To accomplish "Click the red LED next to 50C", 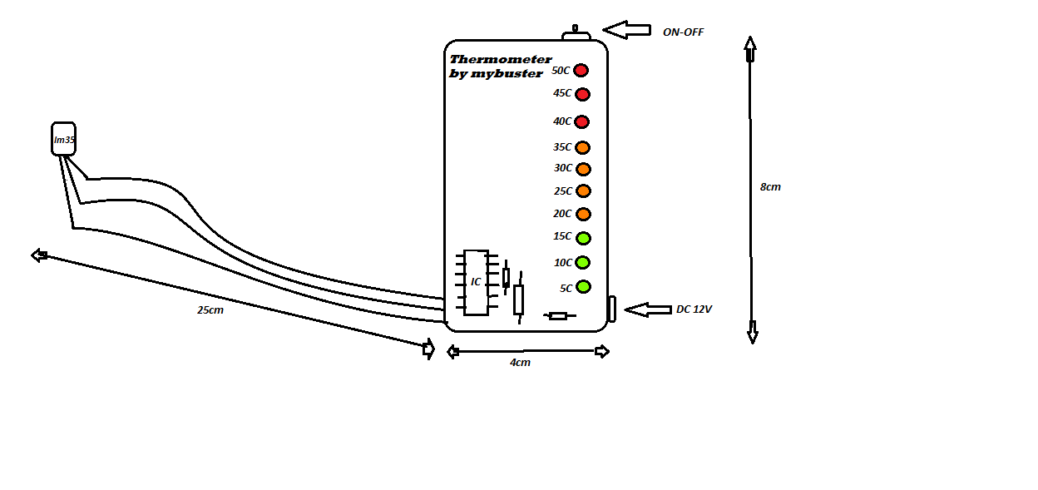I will [581, 71].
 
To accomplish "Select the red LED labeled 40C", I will [581, 122].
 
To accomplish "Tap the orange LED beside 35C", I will [583, 148].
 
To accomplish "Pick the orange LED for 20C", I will [583, 215].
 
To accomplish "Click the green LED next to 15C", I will [583, 238].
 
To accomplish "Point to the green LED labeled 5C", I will [583, 287].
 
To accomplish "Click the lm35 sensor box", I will [64, 140].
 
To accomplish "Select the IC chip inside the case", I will [476, 282].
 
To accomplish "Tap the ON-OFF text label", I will [683, 32].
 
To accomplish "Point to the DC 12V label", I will [694, 309].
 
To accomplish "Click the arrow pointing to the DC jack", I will [647, 309].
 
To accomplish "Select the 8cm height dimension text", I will [770, 187].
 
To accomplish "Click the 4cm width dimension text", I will [520, 363].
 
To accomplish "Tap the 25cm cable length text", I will [210, 310].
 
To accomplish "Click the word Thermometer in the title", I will [500, 59].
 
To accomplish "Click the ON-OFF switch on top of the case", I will [576, 34].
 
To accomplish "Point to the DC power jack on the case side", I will [611, 309].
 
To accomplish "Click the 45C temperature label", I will [562, 93].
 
